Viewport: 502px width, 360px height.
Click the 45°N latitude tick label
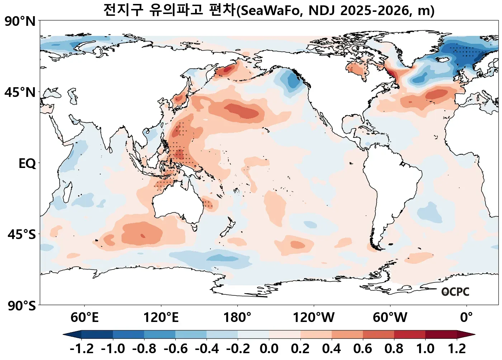point(20,92)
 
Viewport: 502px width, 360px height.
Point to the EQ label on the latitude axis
point(27,164)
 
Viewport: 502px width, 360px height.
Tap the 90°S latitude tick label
point(22,306)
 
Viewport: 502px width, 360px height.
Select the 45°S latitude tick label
point(22,234)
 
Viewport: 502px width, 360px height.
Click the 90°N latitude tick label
point(20,22)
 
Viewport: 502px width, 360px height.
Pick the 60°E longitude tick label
point(84,318)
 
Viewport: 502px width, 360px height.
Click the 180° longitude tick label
point(237,318)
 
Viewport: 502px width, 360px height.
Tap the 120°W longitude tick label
point(314,318)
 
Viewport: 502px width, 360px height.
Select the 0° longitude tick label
point(466,318)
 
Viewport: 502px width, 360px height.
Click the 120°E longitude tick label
point(161,318)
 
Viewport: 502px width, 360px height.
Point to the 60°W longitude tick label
point(390,318)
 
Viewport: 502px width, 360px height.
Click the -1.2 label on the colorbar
point(81,349)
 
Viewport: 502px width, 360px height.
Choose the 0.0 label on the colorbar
point(269,349)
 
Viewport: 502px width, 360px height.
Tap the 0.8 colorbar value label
point(394,349)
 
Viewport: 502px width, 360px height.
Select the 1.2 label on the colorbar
point(456,349)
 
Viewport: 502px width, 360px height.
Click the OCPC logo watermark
point(455,292)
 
